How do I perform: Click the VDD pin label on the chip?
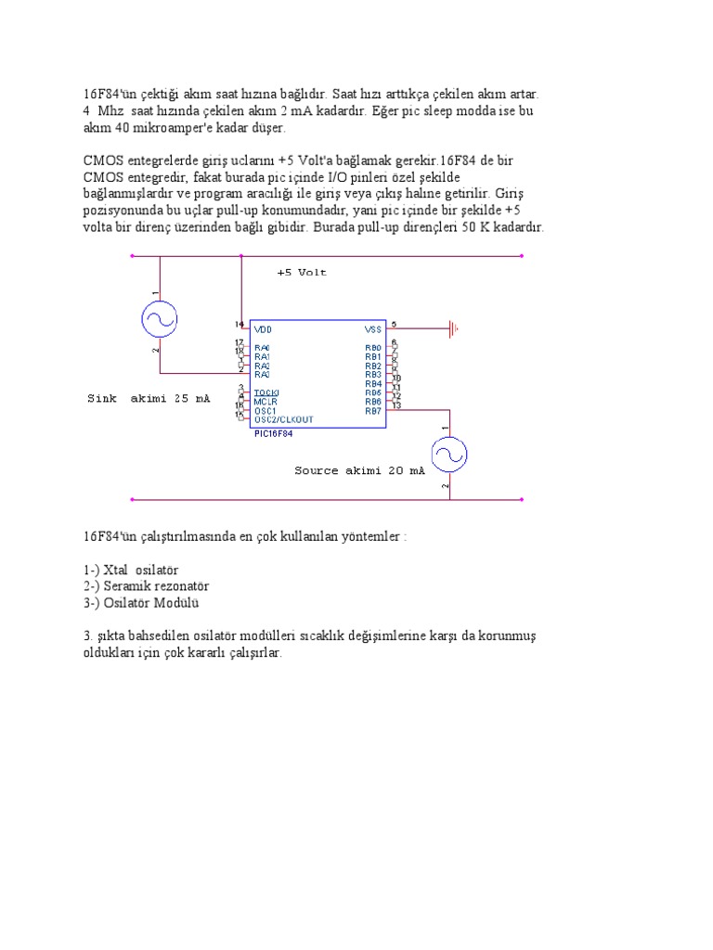click(263, 328)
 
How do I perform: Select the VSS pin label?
click(372, 328)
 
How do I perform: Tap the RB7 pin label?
click(373, 410)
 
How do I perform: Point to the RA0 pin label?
click(262, 348)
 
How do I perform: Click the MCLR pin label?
click(266, 402)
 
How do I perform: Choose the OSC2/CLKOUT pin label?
click(283, 419)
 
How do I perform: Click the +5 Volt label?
click(302, 273)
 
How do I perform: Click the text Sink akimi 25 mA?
click(149, 398)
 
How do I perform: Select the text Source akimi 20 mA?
click(359, 470)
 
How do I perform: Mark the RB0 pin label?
click(373, 348)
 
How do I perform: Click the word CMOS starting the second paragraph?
click(100, 160)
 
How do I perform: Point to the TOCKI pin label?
click(266, 392)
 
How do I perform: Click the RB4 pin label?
click(373, 383)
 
